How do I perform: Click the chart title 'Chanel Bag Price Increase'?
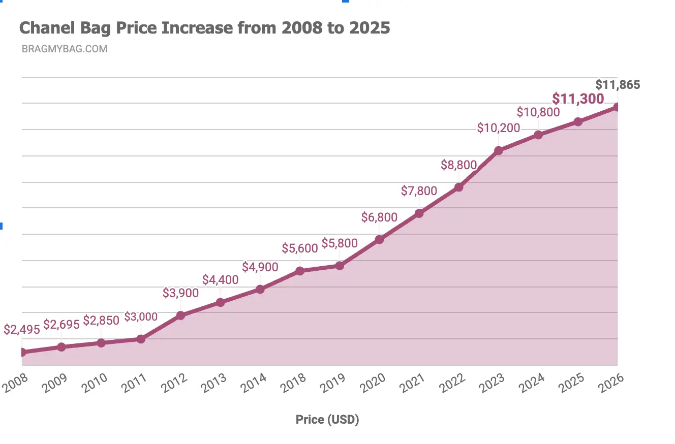204,27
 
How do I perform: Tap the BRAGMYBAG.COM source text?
65,49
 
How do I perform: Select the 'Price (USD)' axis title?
327,420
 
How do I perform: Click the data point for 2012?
180,315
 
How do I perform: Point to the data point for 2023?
499,150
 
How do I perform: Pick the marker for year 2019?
340,266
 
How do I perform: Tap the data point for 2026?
617,107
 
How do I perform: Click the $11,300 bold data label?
578,99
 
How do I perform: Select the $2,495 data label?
22,329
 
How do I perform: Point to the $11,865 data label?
618,84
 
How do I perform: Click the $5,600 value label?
300,248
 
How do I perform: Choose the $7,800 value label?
419,191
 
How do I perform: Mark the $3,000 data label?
141,317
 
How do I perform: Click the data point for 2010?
101,343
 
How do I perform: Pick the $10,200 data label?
499,128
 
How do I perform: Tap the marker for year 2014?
260,289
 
